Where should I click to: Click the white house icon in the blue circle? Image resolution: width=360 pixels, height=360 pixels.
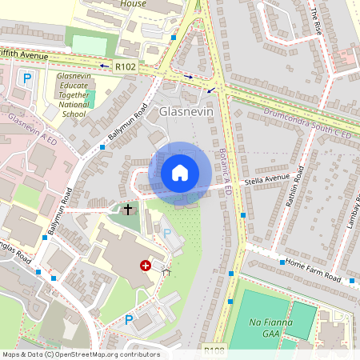[180, 172]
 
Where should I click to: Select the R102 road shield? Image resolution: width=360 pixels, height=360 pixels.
[126, 68]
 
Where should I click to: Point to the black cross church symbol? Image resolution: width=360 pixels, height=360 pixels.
[127, 210]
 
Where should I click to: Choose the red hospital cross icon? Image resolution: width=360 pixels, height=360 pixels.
[146, 266]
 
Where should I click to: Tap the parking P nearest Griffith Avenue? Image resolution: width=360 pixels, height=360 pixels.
[26, 78]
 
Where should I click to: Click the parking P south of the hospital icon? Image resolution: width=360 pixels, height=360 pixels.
[129, 320]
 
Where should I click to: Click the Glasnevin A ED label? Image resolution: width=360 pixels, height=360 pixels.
[34, 128]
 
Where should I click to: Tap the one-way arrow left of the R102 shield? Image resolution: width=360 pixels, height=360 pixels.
[104, 66]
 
